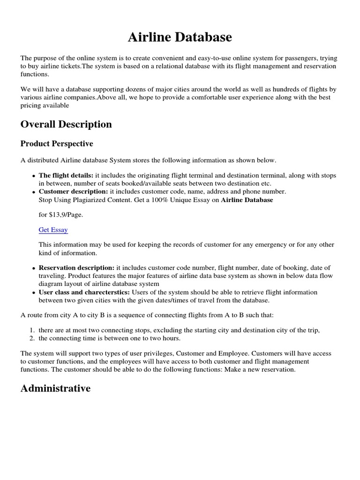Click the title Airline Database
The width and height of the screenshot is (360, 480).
tap(180, 37)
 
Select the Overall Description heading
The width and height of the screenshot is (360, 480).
tap(66, 124)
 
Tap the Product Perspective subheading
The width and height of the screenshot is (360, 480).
tap(57, 143)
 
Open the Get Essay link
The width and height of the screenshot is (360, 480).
tap(53, 230)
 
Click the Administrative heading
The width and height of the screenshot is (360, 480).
tap(55, 389)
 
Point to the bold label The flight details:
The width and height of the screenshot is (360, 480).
tap(66, 175)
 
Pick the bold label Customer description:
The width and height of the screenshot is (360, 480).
tap(73, 191)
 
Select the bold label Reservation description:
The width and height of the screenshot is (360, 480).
tap(76, 268)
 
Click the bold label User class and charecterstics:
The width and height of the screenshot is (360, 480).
tap(84, 292)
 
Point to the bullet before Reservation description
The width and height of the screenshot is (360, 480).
tap(34, 268)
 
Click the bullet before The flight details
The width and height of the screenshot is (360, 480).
tap(34, 176)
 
